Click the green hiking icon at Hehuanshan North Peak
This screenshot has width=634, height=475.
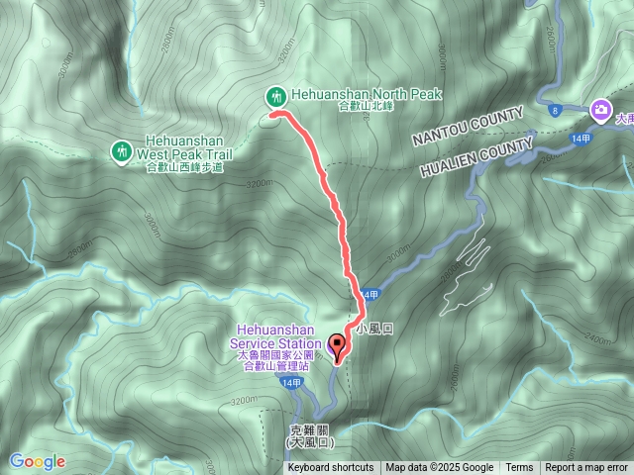[x=276, y=96]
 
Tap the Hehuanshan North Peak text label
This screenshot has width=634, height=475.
[x=366, y=95]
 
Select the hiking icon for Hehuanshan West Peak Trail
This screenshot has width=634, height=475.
[x=122, y=150]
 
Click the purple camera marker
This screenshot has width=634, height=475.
[x=600, y=109]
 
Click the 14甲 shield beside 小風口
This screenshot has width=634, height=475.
[x=370, y=295]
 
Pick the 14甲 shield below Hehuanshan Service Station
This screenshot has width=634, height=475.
[x=289, y=382]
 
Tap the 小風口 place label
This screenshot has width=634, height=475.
[x=375, y=328]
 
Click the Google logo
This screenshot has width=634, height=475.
[x=37, y=461]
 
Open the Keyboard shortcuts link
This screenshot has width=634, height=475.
[x=330, y=468]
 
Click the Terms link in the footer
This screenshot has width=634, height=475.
[x=519, y=468]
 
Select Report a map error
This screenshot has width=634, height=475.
[x=587, y=468]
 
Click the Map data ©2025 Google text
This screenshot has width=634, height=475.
[x=440, y=468]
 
